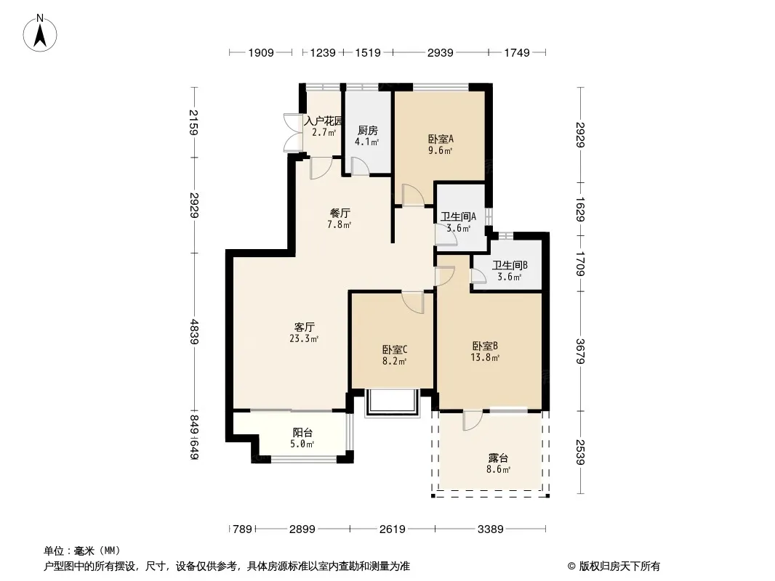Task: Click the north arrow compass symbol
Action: tap(40, 33)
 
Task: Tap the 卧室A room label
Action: tap(441, 139)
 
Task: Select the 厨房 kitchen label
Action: tap(367, 130)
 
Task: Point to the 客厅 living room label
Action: tap(304, 328)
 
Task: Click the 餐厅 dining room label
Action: tap(340, 214)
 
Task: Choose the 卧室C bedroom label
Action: tap(395, 349)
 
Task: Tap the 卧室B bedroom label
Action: tap(485, 346)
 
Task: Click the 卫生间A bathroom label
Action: tap(458, 216)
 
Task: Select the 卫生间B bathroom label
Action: tap(510, 265)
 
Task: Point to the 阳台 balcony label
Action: tap(302, 432)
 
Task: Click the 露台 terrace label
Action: tap(498, 458)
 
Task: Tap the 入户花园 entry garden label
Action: tap(324, 121)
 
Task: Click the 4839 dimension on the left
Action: tap(195, 332)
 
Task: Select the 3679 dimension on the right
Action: tap(580, 351)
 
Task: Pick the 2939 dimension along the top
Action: tap(440, 52)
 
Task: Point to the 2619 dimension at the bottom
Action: tap(393, 529)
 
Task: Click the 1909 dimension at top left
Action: tap(261, 52)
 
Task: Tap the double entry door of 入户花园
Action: tap(294, 132)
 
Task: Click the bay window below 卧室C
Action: tap(393, 402)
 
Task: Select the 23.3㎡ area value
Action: tap(304, 338)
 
